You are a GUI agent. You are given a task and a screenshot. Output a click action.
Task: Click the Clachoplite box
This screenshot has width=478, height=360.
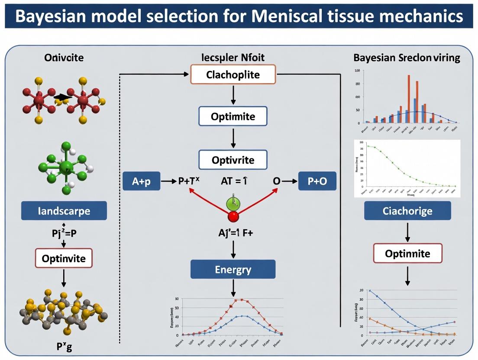[233, 74]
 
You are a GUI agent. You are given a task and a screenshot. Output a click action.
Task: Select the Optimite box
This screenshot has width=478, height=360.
[233, 116]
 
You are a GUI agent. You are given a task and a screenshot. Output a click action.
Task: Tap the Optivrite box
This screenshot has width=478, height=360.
[233, 160]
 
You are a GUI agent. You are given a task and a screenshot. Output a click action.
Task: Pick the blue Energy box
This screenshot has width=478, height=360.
[233, 270]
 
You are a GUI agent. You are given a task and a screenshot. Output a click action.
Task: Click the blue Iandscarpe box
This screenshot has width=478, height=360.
[64, 211]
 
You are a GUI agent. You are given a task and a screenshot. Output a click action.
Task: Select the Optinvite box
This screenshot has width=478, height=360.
[64, 259]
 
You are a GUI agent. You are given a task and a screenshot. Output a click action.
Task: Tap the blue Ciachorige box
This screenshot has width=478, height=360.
[407, 211]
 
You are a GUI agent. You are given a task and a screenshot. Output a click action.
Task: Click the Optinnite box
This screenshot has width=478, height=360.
[407, 253]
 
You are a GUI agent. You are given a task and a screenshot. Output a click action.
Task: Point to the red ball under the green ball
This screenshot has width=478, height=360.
[233, 216]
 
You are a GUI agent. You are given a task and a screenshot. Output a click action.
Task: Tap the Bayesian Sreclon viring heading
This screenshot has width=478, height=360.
[407, 58]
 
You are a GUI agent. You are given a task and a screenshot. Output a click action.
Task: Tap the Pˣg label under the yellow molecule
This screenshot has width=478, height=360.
[64, 347]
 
